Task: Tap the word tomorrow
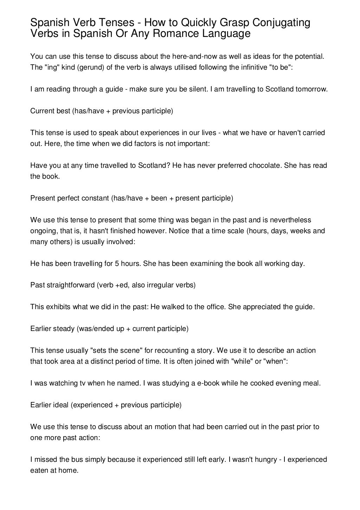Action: click(x=311, y=89)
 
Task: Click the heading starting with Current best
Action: click(x=102, y=111)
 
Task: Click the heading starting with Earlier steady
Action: click(x=109, y=329)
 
